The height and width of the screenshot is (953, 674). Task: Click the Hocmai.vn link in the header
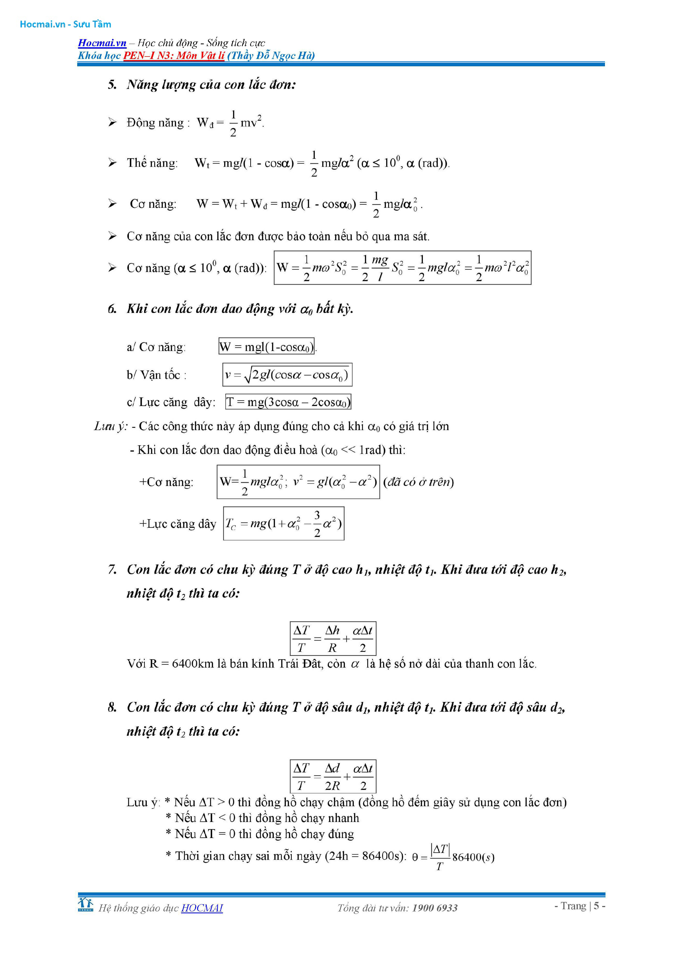coord(102,43)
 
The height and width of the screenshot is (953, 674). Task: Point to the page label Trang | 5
coord(580,906)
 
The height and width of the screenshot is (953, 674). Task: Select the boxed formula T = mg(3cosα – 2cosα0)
coord(288,402)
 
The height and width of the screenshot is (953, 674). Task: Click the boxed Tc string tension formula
coord(284,524)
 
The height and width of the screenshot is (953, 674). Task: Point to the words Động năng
coord(155,123)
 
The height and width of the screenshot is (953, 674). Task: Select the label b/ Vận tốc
coord(156,375)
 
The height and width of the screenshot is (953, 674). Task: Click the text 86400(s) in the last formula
coord(473,857)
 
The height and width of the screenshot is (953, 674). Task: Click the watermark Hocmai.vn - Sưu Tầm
coord(66,24)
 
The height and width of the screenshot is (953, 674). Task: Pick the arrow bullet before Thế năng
coord(112,163)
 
